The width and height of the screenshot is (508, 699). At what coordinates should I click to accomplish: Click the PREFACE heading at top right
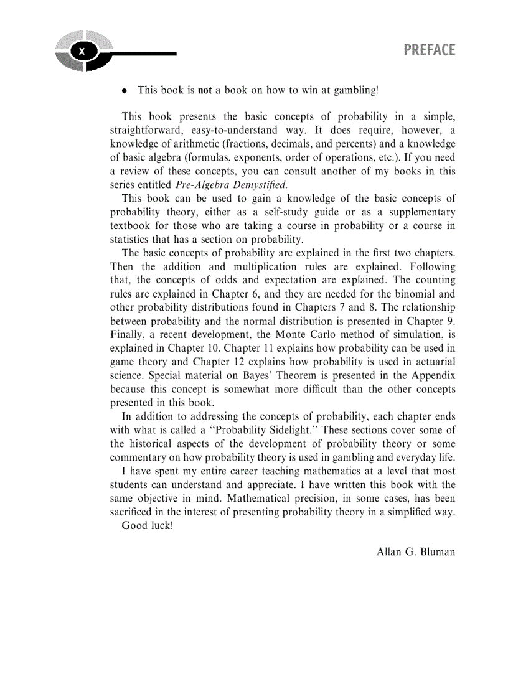point(429,50)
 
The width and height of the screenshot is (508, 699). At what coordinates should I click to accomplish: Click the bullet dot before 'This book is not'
point(125,91)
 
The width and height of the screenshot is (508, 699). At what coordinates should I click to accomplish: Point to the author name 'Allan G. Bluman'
point(416,552)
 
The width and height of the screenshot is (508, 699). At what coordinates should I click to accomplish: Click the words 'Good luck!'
point(148,525)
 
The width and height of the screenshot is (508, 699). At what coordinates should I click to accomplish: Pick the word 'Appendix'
point(434,376)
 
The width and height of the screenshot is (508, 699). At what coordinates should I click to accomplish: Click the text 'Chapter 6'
point(230,294)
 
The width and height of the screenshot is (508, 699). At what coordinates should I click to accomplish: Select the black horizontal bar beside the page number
point(143,54)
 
